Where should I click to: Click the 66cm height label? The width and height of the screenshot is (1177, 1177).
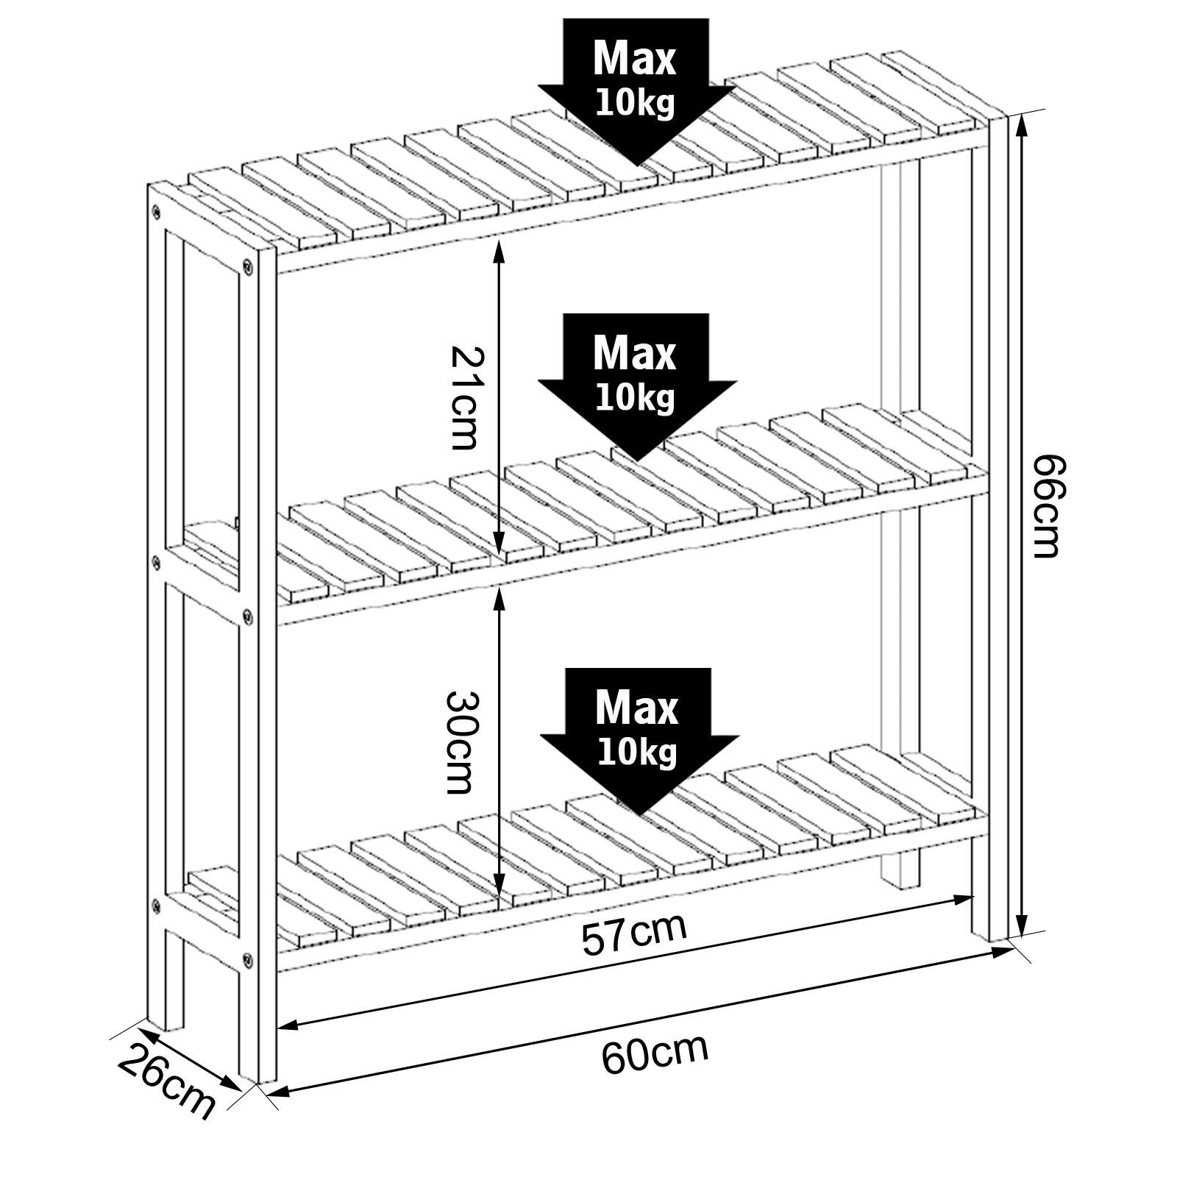click(1045, 505)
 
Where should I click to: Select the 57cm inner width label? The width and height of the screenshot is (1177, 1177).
click(634, 934)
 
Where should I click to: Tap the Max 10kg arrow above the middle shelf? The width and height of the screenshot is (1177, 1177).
click(637, 387)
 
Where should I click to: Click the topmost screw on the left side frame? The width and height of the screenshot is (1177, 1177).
click(155, 213)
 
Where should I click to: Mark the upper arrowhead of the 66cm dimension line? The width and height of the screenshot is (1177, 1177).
click(1020, 127)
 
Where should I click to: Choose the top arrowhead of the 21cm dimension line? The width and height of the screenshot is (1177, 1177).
click(499, 249)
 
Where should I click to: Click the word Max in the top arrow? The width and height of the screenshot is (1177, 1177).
click(634, 59)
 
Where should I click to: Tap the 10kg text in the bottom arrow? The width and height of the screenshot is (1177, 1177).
click(637, 753)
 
